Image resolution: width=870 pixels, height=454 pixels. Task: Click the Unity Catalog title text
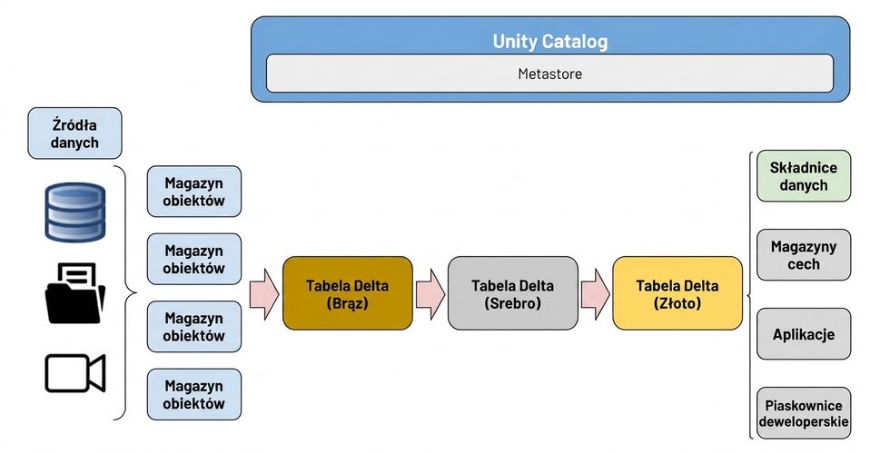[x=549, y=42]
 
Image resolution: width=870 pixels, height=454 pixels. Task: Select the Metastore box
[x=549, y=74]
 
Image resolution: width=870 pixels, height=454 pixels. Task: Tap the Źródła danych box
[x=74, y=133]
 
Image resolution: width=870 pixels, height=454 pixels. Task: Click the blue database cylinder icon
[x=74, y=212]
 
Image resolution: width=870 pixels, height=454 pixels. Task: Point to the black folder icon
[x=74, y=293]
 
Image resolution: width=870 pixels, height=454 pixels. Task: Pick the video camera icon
[x=74, y=373]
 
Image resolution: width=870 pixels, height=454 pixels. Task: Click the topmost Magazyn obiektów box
[x=194, y=192]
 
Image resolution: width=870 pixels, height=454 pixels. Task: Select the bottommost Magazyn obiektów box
[x=194, y=395]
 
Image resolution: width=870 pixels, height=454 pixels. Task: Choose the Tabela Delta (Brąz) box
[x=348, y=293]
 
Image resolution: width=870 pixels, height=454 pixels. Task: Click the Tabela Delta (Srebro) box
[x=513, y=293]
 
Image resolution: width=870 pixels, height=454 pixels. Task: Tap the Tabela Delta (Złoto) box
[x=677, y=293]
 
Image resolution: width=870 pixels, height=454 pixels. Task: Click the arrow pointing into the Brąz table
[x=264, y=294]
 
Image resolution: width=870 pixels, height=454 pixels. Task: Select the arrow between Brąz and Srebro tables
[x=430, y=294]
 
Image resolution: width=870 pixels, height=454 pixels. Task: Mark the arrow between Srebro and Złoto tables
[x=596, y=294]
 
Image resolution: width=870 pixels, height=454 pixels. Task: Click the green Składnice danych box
[x=804, y=176]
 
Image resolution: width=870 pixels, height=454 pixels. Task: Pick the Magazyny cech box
[x=804, y=255]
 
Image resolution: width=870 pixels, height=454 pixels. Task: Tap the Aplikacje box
[x=804, y=334]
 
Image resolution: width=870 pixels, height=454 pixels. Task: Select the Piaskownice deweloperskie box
[x=804, y=413]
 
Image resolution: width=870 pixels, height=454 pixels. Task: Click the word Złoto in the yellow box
[x=677, y=303]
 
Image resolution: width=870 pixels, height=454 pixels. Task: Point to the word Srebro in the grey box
[x=513, y=303]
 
